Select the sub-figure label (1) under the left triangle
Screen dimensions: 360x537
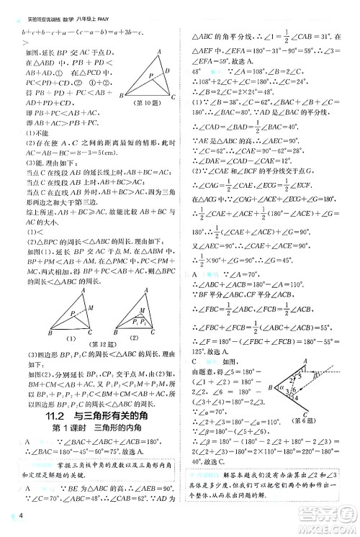[71, 338]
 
